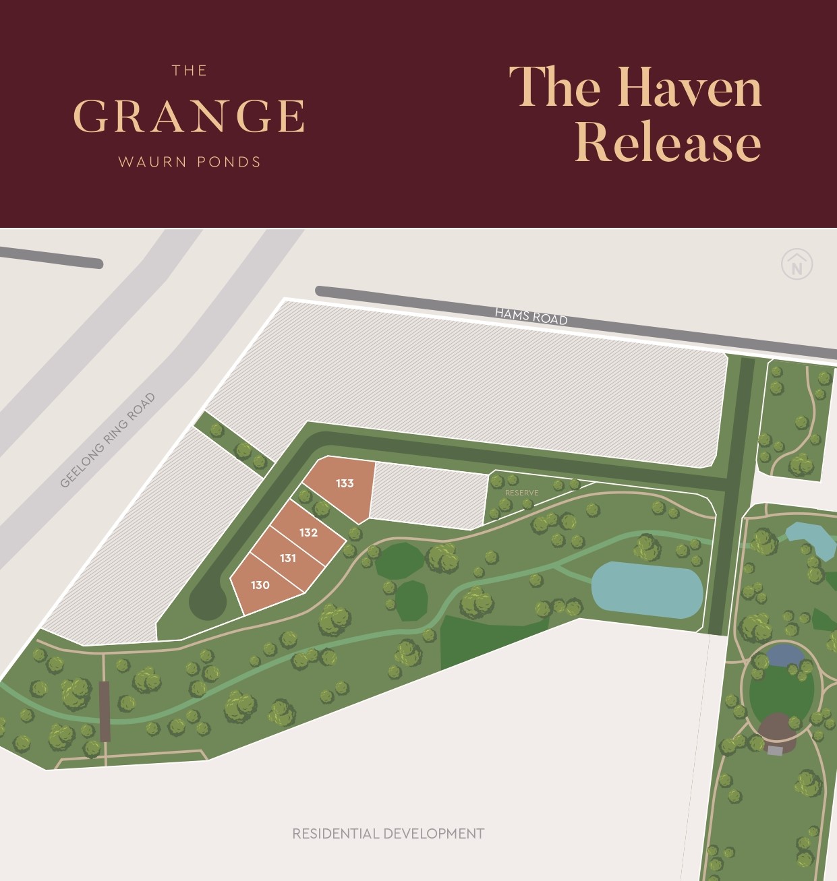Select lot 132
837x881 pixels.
tap(308, 533)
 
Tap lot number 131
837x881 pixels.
tap(288, 558)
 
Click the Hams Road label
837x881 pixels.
tap(531, 315)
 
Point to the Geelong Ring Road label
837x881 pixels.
tap(108, 439)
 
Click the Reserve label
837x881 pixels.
tap(521, 493)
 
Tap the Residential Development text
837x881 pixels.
tap(388, 834)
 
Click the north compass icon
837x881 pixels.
tap(797, 264)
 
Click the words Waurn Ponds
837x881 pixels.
tap(189, 162)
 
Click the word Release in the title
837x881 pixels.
tap(668, 142)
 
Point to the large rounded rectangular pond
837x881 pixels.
tap(647, 589)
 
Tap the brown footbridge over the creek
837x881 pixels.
tap(104, 710)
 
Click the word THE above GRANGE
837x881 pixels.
tap(189, 71)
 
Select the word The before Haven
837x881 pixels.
tap(554, 88)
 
